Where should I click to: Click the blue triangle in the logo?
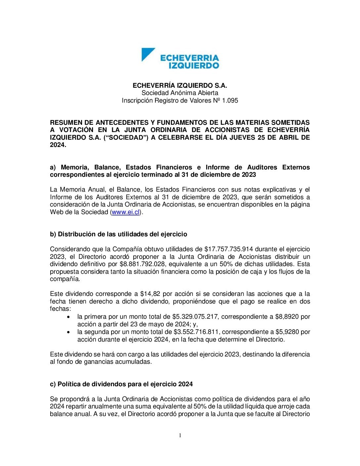pos(147,54)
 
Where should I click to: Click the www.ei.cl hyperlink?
pos(126,212)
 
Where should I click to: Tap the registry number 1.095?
pos(230,100)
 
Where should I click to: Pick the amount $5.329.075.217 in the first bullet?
pos(195,316)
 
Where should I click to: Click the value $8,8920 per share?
pos(288,316)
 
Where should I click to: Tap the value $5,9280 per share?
pos(288,332)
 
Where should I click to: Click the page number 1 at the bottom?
pos(180,436)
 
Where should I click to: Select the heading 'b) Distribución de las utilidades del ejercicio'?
pos(118,234)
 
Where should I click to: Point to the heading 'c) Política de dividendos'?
pos(121,384)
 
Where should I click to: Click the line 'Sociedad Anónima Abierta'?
pos(180,93)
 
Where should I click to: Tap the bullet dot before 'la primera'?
pos(68,317)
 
